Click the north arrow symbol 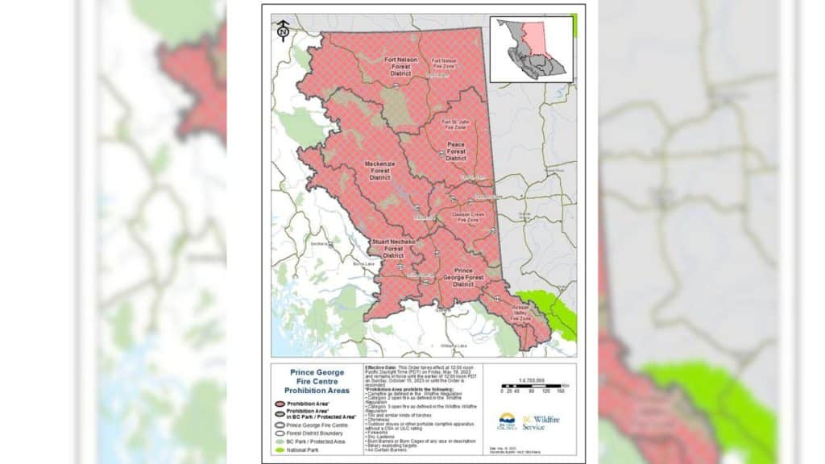point(283,31)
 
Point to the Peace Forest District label point(456,151)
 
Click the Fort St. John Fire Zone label point(455,124)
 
